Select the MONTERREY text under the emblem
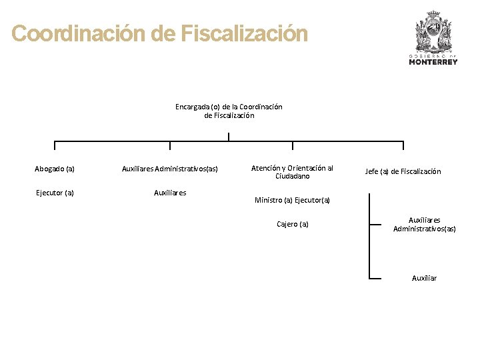433,62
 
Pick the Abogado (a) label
55,169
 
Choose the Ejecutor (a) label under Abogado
55,193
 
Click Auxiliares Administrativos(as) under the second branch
170,169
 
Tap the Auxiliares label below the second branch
170,193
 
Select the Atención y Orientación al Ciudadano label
292,172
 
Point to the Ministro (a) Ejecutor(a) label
292,200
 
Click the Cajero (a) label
292,224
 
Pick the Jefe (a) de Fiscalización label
403,171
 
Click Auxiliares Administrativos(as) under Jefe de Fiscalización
424,224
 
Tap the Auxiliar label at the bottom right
424,278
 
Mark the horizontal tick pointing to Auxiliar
375,278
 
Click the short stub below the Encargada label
229,137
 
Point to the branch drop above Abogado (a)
55,146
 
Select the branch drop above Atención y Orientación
292,146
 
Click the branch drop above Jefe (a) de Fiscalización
403,146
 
